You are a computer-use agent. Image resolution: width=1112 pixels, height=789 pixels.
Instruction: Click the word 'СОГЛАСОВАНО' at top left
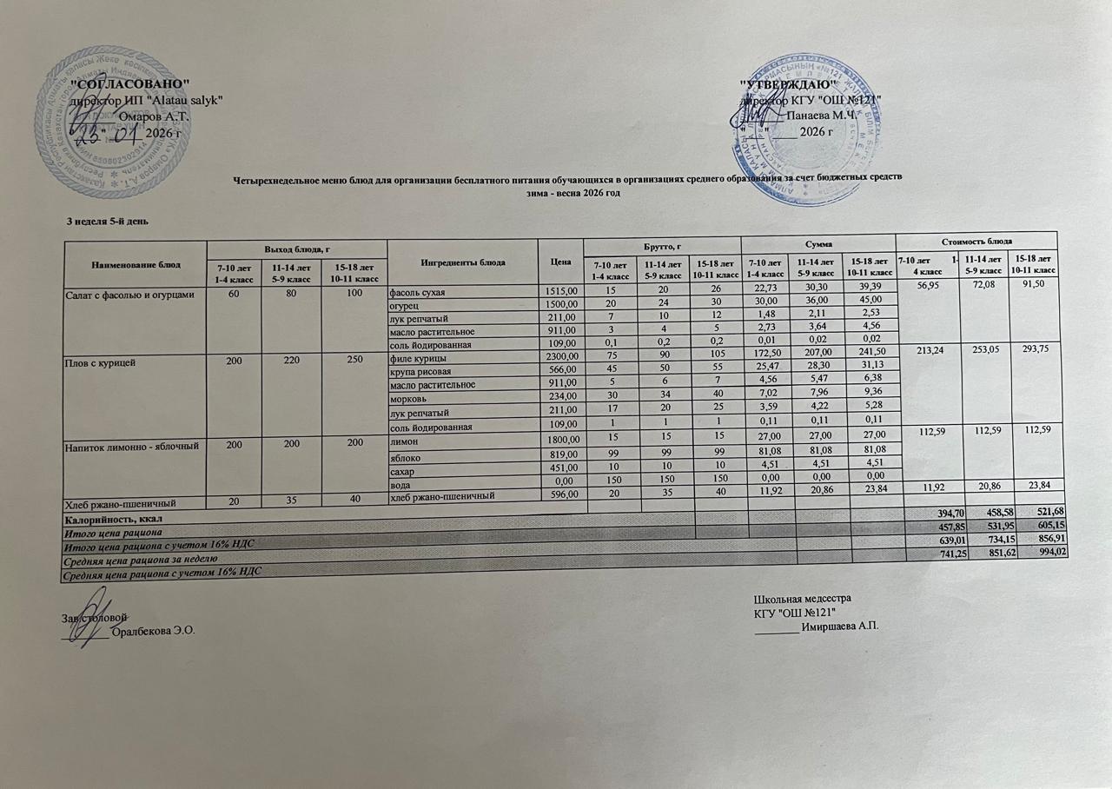tap(130, 83)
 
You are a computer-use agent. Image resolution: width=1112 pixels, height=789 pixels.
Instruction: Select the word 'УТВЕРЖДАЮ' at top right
tap(788, 84)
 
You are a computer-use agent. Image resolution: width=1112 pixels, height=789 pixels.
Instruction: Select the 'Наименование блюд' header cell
tap(135, 262)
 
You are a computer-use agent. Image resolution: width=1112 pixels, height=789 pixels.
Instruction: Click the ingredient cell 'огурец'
tap(407, 303)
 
